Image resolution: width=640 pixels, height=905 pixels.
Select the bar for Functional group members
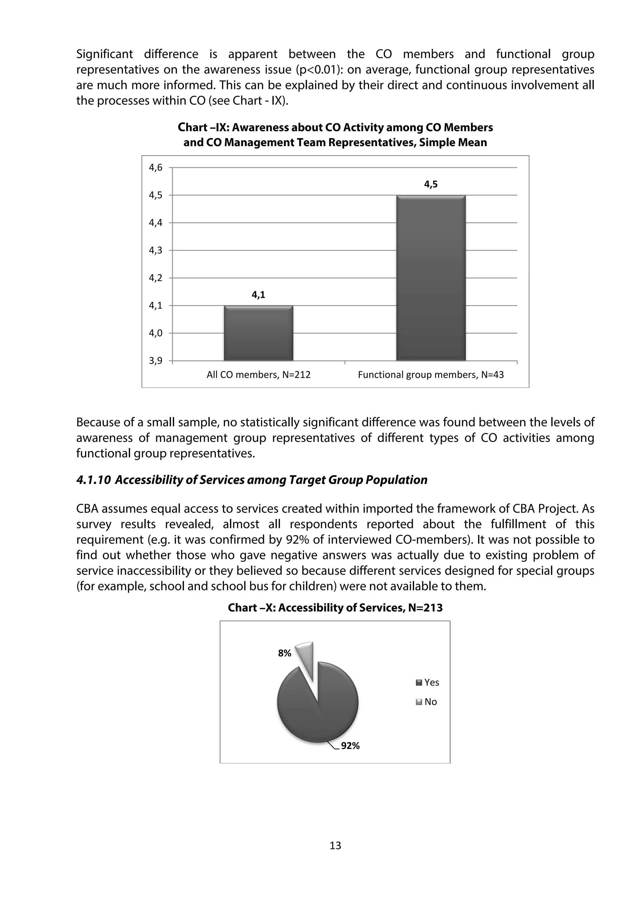point(431,278)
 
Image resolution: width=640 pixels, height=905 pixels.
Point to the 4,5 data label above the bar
point(431,184)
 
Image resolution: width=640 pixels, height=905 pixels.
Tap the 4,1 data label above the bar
point(258,294)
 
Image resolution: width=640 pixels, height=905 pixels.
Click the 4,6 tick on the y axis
point(155,167)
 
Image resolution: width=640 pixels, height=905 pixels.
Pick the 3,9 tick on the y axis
point(155,361)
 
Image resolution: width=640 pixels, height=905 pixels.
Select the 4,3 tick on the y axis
point(155,250)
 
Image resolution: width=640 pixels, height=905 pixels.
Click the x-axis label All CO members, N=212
point(258,374)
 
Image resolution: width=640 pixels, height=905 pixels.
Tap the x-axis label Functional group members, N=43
point(431,374)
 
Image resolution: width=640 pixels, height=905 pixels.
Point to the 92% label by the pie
point(350,745)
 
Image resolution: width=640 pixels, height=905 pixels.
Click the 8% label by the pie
point(284,653)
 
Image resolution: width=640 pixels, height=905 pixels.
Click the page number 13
point(335,845)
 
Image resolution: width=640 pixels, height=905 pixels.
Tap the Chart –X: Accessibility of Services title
point(335,607)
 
